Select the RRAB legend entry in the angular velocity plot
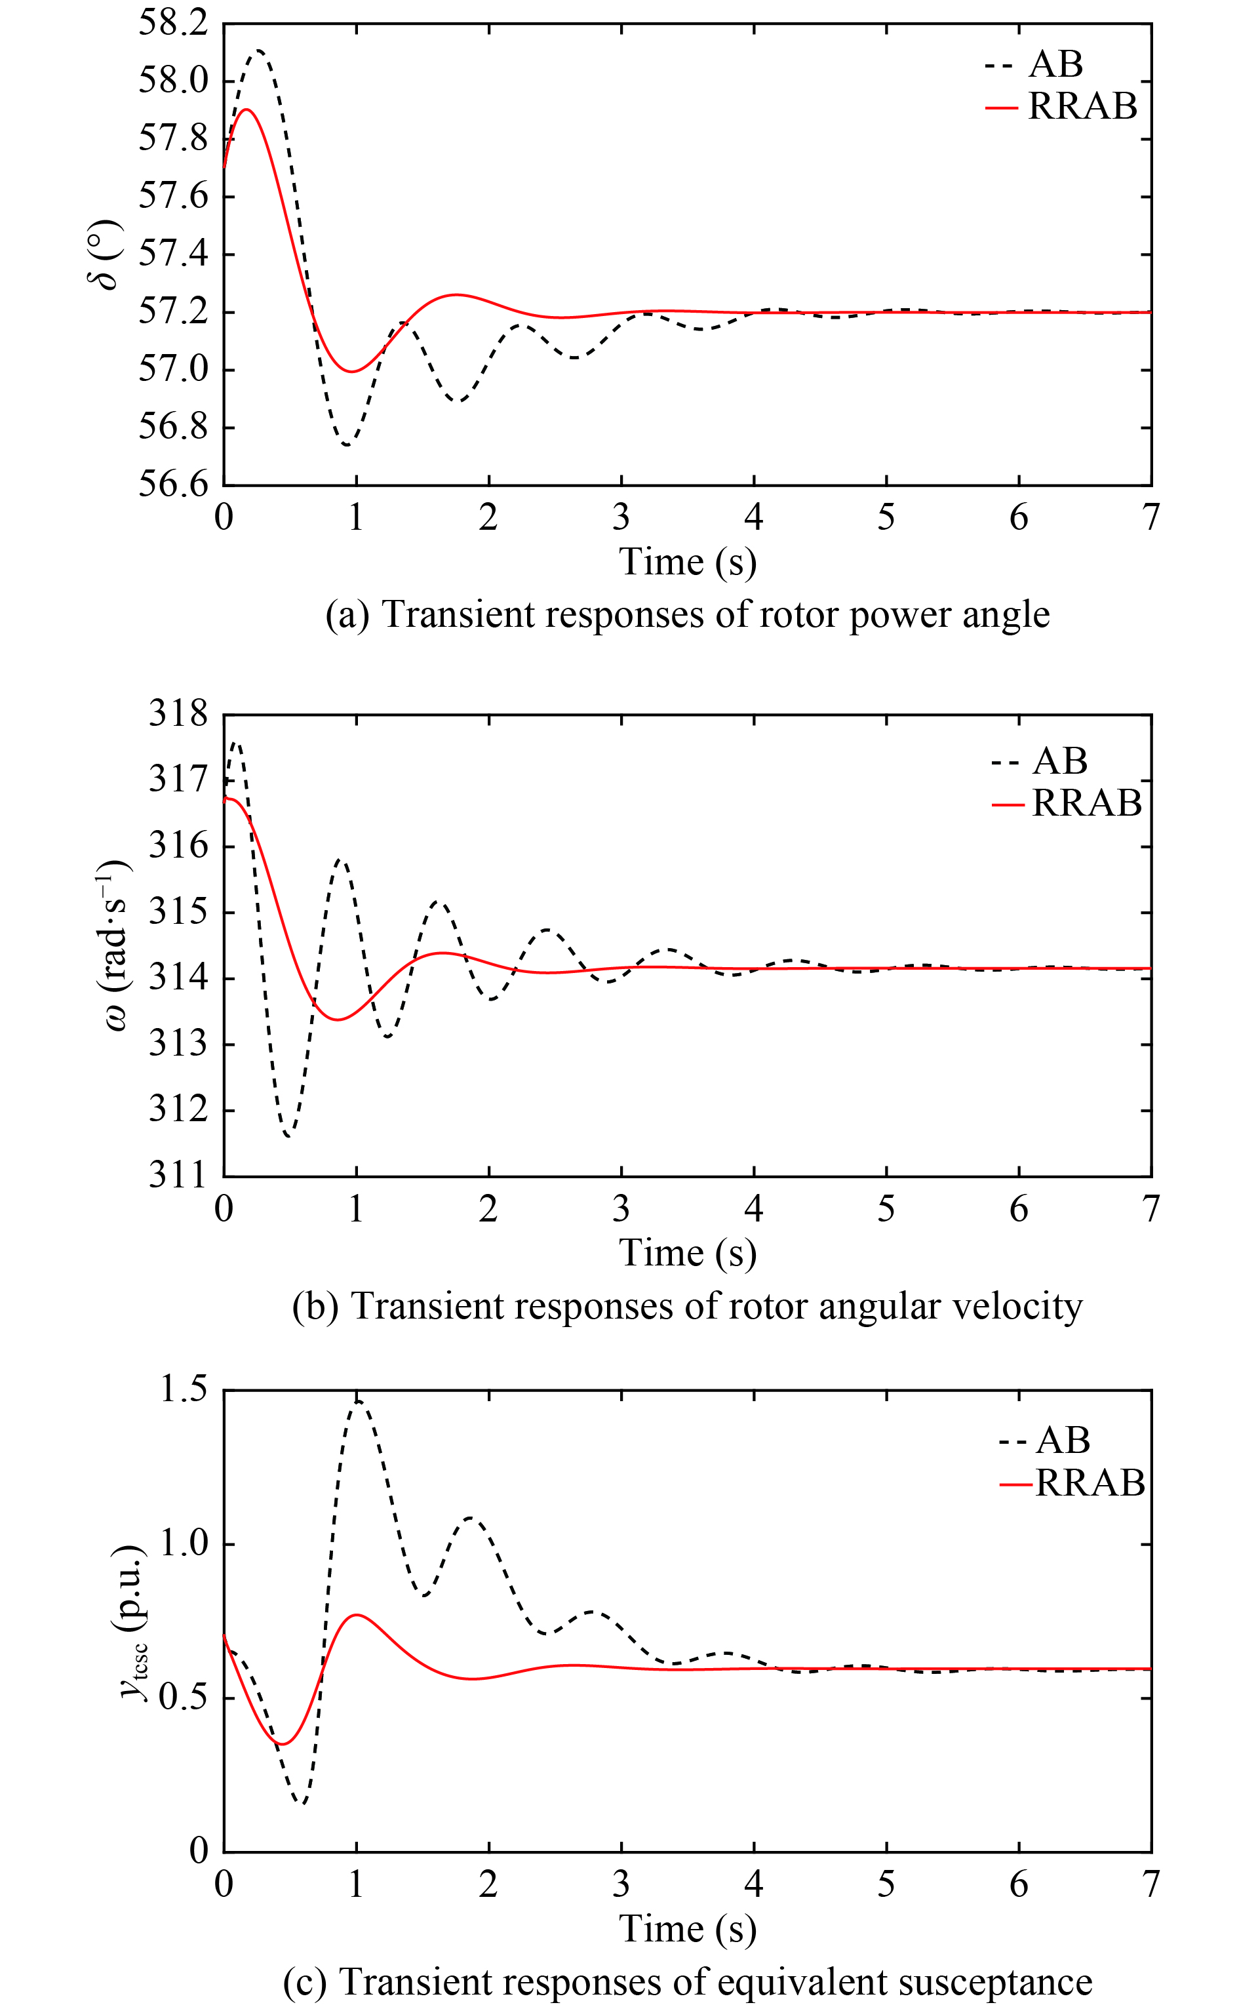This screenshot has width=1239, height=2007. pos(1086,803)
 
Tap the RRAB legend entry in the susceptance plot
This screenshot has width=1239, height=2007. pos(1089,1482)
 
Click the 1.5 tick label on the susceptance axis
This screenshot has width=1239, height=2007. pos(183,1390)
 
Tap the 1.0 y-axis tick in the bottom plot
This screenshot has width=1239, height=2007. pos(183,1543)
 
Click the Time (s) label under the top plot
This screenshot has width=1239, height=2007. pos(687,562)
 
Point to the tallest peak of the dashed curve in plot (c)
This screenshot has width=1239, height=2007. pos(358,1402)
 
